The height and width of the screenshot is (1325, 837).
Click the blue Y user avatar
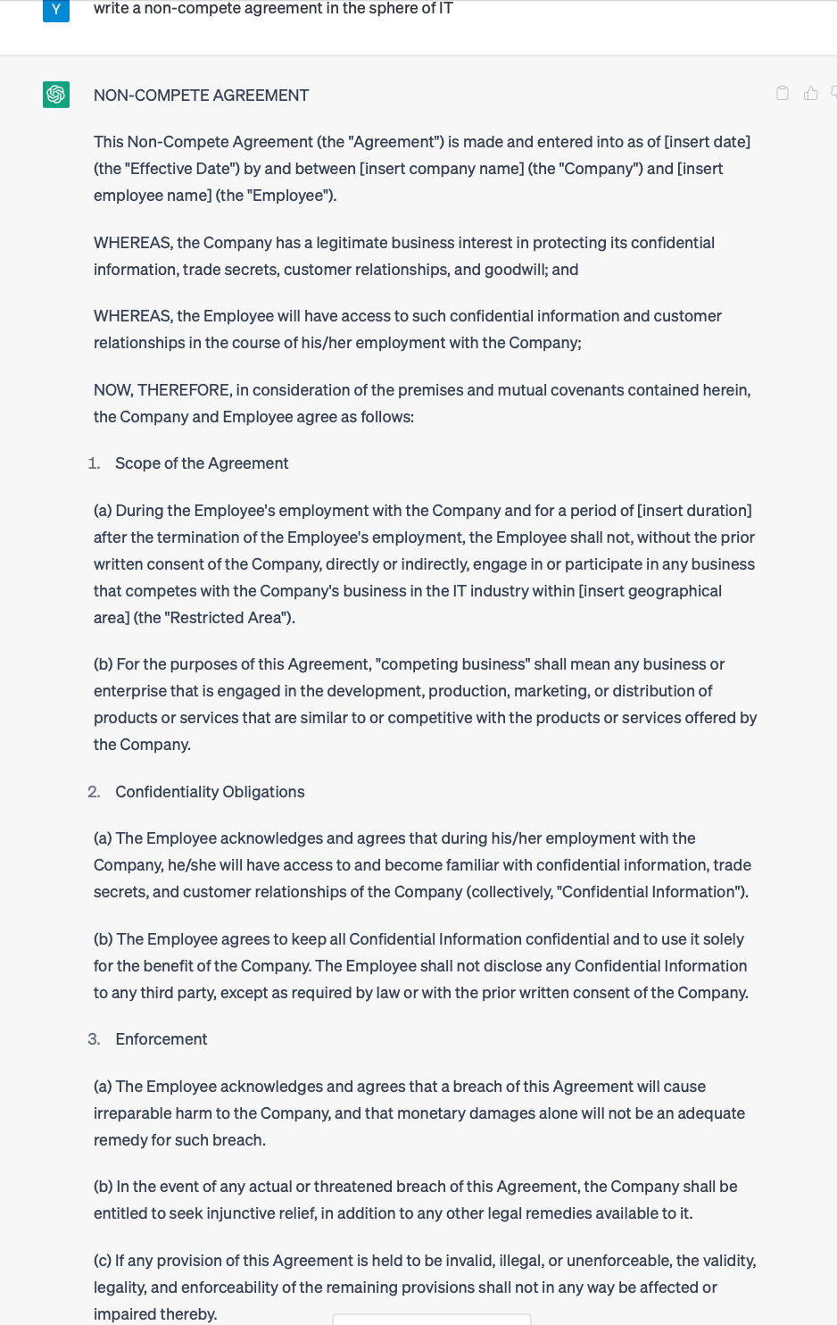click(55, 9)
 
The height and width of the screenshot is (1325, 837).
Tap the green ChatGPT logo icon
click(56, 94)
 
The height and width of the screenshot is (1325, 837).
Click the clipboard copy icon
click(783, 93)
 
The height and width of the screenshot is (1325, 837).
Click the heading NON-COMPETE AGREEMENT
click(201, 96)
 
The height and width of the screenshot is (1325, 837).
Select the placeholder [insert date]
click(707, 142)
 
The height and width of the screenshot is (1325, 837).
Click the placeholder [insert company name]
click(441, 169)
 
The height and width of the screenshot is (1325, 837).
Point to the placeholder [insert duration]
click(694, 511)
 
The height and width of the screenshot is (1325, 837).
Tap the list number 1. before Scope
click(94, 463)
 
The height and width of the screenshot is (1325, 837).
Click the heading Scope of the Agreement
click(202, 463)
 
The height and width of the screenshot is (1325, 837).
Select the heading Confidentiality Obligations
click(210, 792)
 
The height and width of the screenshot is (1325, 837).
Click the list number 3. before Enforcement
click(94, 1039)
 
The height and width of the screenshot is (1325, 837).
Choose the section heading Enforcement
click(162, 1039)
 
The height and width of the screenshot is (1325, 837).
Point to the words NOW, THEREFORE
click(162, 390)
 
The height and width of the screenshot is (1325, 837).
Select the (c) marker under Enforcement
click(103, 1261)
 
